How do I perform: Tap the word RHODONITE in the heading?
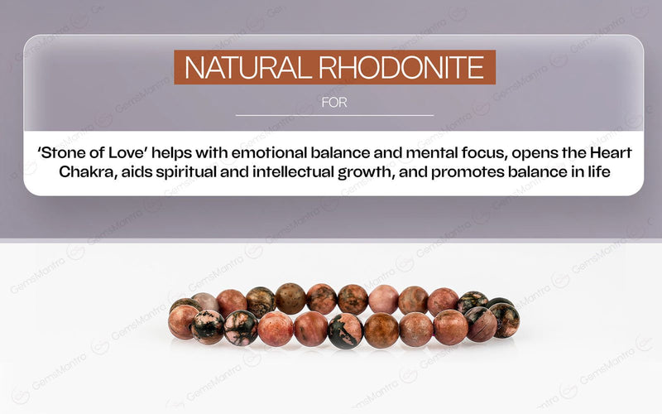[405, 68]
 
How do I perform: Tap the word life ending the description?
[607, 173]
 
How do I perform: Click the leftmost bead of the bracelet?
[182, 321]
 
